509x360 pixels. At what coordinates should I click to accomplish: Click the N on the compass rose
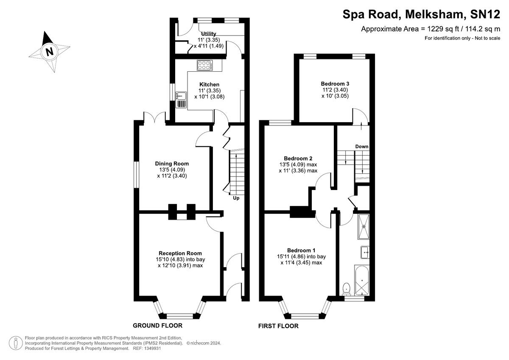[x=49, y=52]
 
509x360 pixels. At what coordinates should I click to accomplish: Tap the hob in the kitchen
[x=205, y=65]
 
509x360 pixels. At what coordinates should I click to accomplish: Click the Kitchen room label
[x=209, y=84]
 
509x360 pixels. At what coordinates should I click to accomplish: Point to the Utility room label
[x=209, y=34]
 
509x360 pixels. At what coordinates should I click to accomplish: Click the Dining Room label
[x=172, y=164]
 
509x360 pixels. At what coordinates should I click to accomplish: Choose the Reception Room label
[x=180, y=253]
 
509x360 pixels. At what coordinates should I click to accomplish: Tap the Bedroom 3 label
[x=335, y=84]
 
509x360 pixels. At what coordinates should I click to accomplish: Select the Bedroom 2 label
[x=298, y=158]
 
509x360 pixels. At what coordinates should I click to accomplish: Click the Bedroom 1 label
[x=301, y=250]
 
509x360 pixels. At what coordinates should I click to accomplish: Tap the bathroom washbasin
[x=365, y=252]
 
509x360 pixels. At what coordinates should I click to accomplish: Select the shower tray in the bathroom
[x=364, y=226]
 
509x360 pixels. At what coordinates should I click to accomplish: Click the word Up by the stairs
[x=236, y=198]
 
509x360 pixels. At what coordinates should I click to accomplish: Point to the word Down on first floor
[x=362, y=146]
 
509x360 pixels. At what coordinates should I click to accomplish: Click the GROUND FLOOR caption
[x=157, y=326]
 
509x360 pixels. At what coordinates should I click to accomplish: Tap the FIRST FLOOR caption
[x=278, y=326]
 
